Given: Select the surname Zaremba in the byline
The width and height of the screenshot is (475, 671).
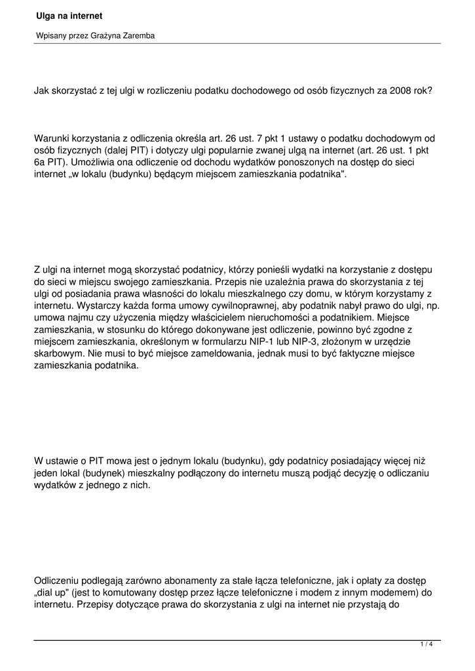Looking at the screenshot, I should coord(136,36).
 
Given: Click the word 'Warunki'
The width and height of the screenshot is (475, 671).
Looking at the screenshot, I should coord(53,138).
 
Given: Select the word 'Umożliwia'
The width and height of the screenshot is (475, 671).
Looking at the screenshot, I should coord(102,163).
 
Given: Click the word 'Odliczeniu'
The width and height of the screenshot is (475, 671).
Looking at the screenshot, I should coord(58,581).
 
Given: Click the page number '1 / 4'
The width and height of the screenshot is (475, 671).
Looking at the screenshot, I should coord(427,645).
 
